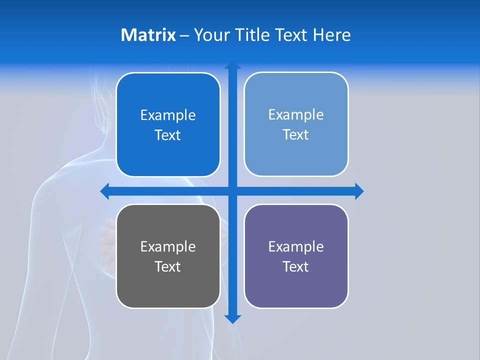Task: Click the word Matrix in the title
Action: point(148,35)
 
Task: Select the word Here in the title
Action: point(331,35)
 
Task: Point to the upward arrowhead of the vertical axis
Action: point(232,65)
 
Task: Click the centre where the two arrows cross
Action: point(232,191)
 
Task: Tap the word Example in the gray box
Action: point(168,246)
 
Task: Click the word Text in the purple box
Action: point(296,266)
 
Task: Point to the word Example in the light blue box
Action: point(296,114)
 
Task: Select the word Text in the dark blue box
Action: point(168,135)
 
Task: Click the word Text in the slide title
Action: point(292,35)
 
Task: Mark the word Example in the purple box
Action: point(296,246)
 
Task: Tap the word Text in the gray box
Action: point(168,266)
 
